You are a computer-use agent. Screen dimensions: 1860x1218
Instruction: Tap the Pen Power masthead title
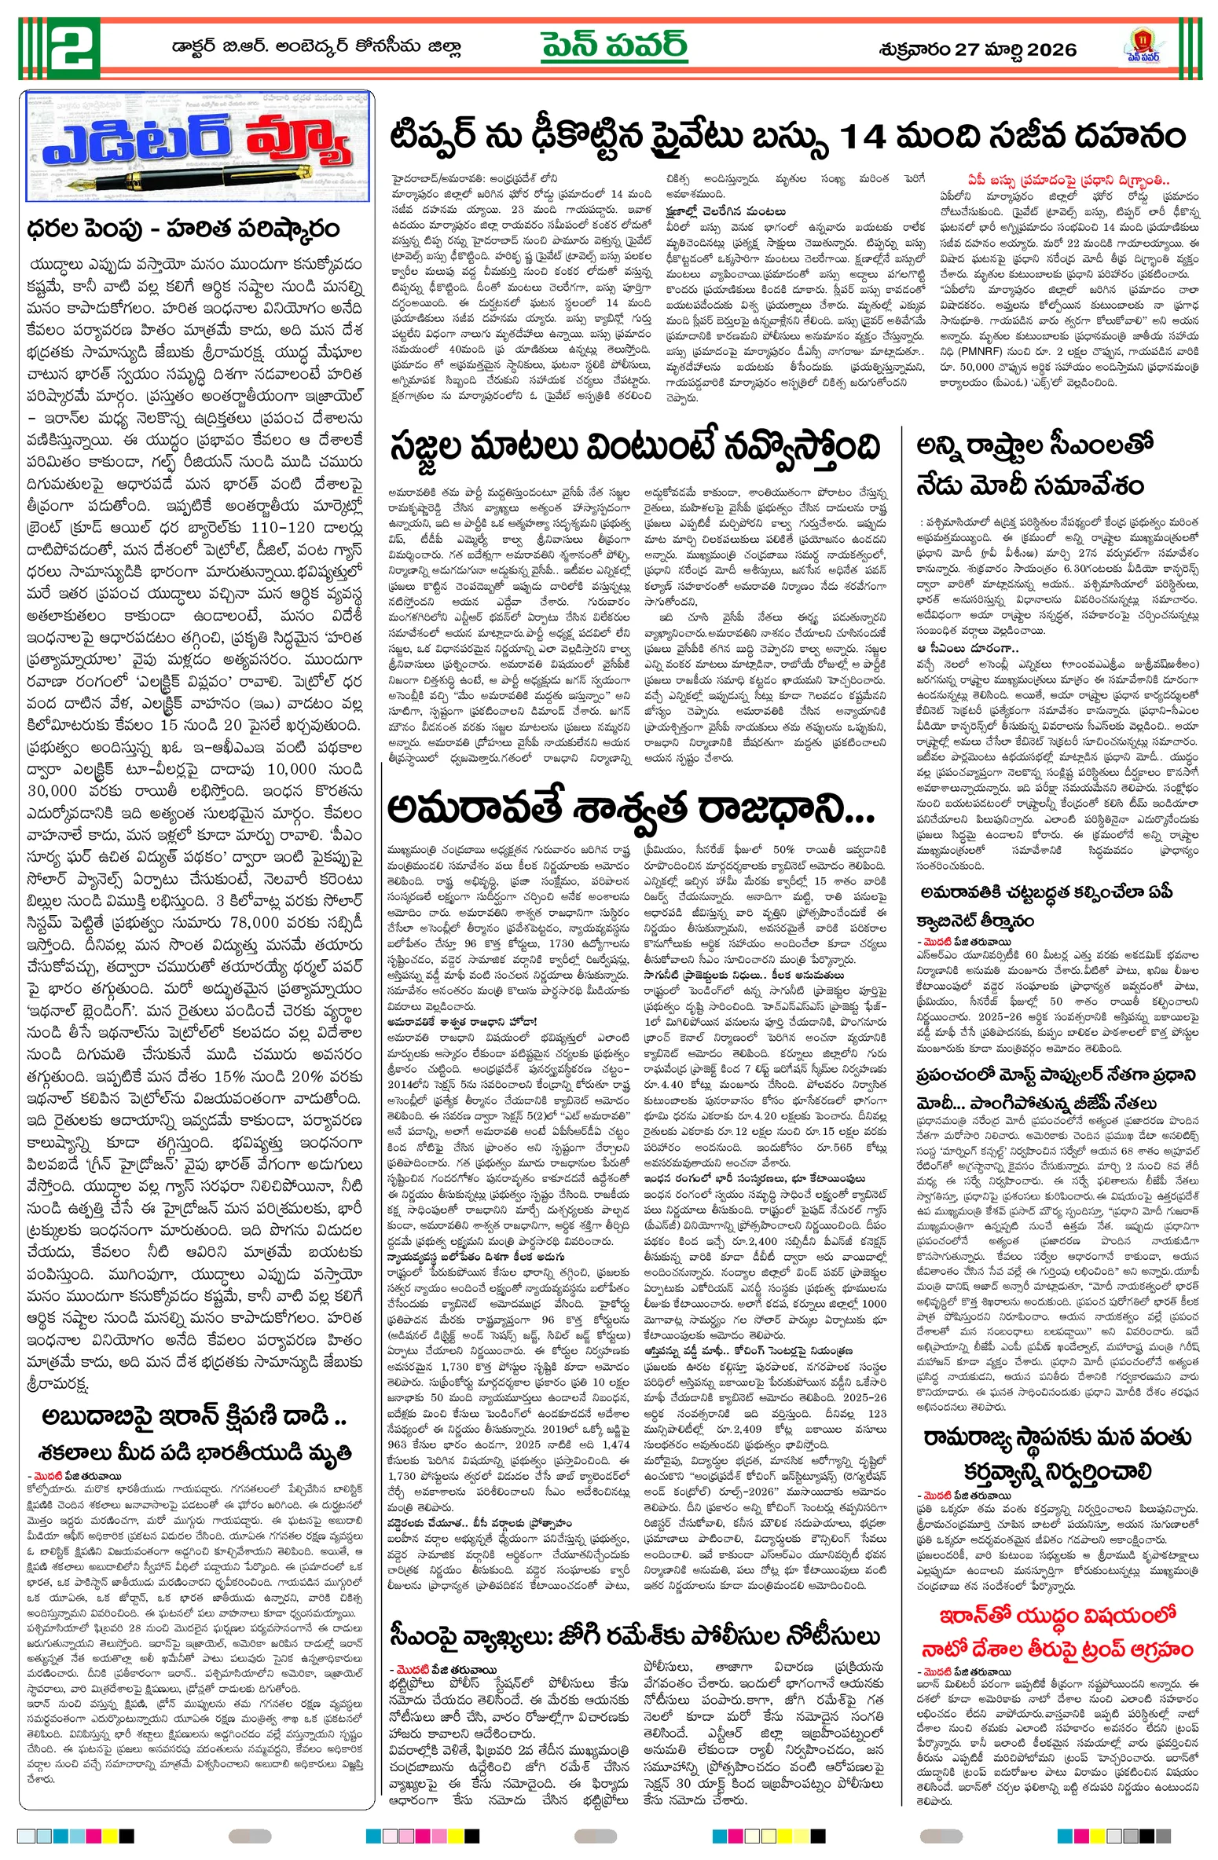614,46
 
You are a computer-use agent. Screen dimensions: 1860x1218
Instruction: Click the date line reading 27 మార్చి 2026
977,49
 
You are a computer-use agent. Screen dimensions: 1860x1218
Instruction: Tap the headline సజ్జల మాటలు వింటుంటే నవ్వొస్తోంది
634,449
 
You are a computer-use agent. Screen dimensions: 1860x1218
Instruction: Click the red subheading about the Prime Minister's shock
1068,180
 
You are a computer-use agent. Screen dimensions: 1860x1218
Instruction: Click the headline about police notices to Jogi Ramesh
634,1637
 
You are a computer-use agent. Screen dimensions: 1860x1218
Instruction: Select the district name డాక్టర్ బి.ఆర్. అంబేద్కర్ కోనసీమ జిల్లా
316,47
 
